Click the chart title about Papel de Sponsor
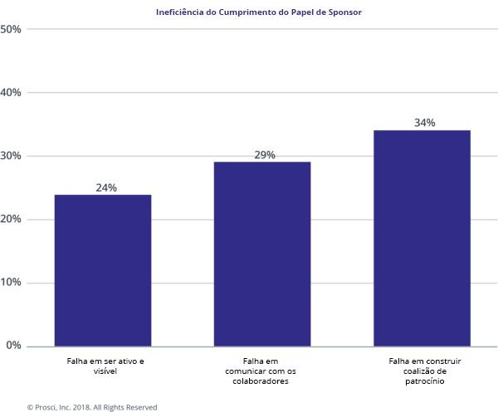[x=258, y=12]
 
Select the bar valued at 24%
[x=103, y=270]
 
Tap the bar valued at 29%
[x=262, y=254]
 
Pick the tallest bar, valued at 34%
[x=422, y=238]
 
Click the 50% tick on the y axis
[x=12, y=29]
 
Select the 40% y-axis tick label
[x=12, y=92]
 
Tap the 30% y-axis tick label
[x=12, y=156]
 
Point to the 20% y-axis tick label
[x=12, y=219]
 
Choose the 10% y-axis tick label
[x=12, y=283]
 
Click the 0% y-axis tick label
[x=14, y=346]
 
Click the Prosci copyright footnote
[x=92, y=407]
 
